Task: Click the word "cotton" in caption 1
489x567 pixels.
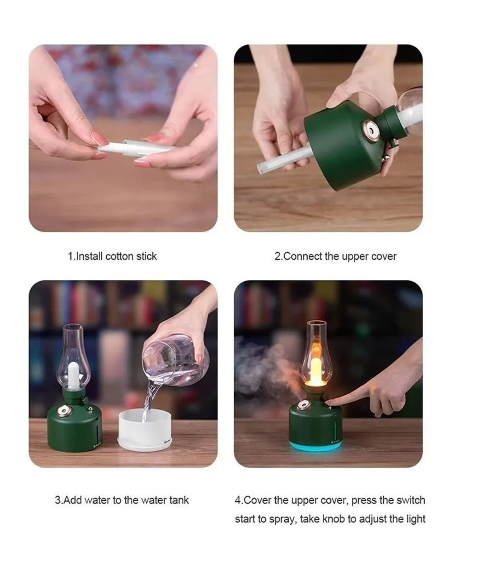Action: click(x=119, y=256)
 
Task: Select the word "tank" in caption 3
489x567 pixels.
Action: click(x=179, y=500)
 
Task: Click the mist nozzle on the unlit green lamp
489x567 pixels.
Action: click(x=63, y=411)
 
